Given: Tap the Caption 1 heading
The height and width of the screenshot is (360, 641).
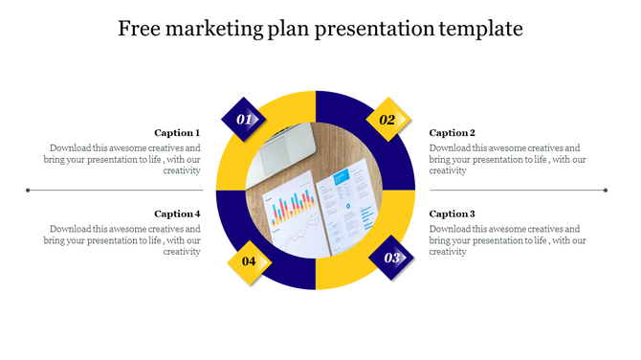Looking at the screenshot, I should [177, 133].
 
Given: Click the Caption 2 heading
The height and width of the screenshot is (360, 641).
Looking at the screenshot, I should [452, 133].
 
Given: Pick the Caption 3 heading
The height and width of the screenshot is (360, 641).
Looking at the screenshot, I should [452, 214].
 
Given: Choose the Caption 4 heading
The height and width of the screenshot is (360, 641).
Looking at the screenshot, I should [177, 214].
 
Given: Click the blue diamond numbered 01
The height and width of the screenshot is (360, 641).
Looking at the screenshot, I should [244, 120].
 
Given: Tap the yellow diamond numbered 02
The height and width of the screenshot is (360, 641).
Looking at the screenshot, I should [387, 120].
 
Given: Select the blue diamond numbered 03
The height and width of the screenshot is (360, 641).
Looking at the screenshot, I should [391, 258].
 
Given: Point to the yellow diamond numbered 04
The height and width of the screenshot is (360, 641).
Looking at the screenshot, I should [249, 260].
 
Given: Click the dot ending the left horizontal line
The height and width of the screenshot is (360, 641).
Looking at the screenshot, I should [29, 190].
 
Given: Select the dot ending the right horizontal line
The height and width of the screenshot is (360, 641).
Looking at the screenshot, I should [607, 190].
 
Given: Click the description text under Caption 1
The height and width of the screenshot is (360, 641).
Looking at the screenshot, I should [122, 159].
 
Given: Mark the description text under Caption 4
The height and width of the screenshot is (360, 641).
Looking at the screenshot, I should [122, 240].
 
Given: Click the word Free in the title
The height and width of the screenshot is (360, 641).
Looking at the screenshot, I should [139, 30].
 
